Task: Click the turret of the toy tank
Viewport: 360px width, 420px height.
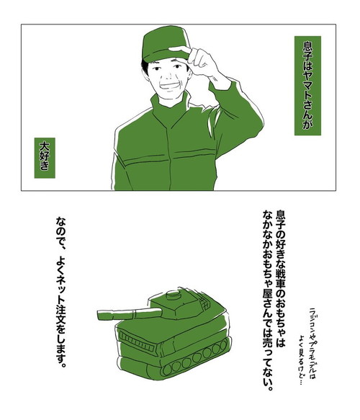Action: [x=173, y=307]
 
